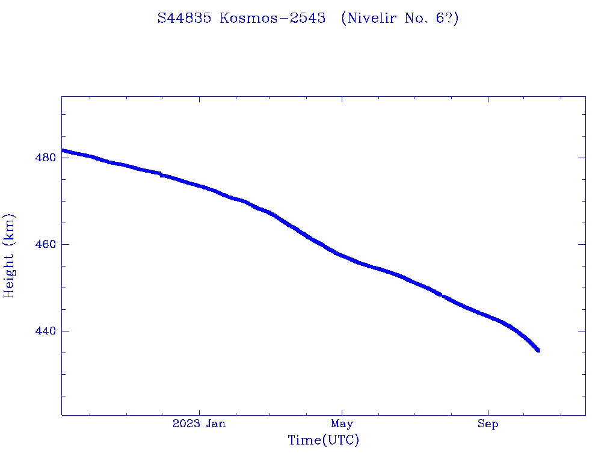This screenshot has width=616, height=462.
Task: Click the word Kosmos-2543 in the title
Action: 273,18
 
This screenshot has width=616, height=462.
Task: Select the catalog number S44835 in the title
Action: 185,18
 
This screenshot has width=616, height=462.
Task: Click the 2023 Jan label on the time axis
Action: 199,424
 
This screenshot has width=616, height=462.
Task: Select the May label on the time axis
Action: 342,424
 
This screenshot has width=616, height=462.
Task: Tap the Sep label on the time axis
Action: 488,424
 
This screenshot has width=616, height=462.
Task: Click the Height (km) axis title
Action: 9,256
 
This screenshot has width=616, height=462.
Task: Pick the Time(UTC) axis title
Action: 323,440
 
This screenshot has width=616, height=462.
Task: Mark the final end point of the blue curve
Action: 538,350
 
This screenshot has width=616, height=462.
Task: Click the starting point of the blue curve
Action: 63,150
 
